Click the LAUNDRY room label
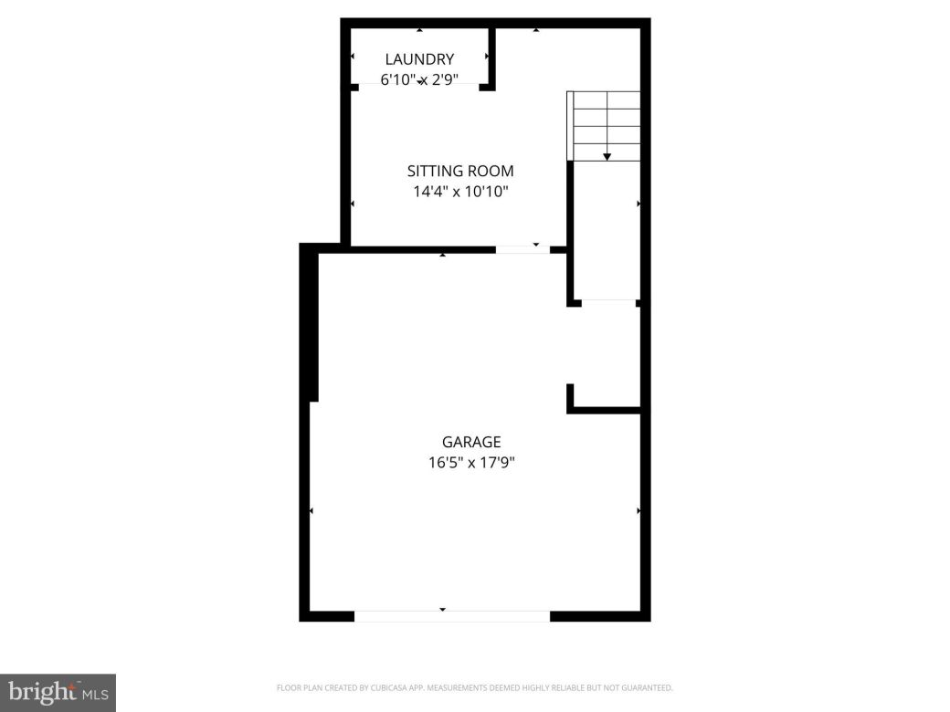[419, 59]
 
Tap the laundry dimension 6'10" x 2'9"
[419, 79]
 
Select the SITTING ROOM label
[460, 171]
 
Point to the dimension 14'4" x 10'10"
[460, 192]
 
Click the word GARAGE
[471, 442]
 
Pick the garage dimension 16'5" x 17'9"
[471, 462]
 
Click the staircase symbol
[604, 125]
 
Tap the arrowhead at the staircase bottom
[607, 158]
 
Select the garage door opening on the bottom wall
[451, 616]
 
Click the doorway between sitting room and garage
[522, 248]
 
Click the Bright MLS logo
[58, 693]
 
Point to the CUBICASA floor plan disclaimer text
[474, 687]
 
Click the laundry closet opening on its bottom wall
[419, 86]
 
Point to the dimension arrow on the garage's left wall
[311, 511]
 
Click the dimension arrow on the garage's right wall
[638, 511]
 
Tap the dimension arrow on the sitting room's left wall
[354, 203]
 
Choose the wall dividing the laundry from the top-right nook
[491, 57]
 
